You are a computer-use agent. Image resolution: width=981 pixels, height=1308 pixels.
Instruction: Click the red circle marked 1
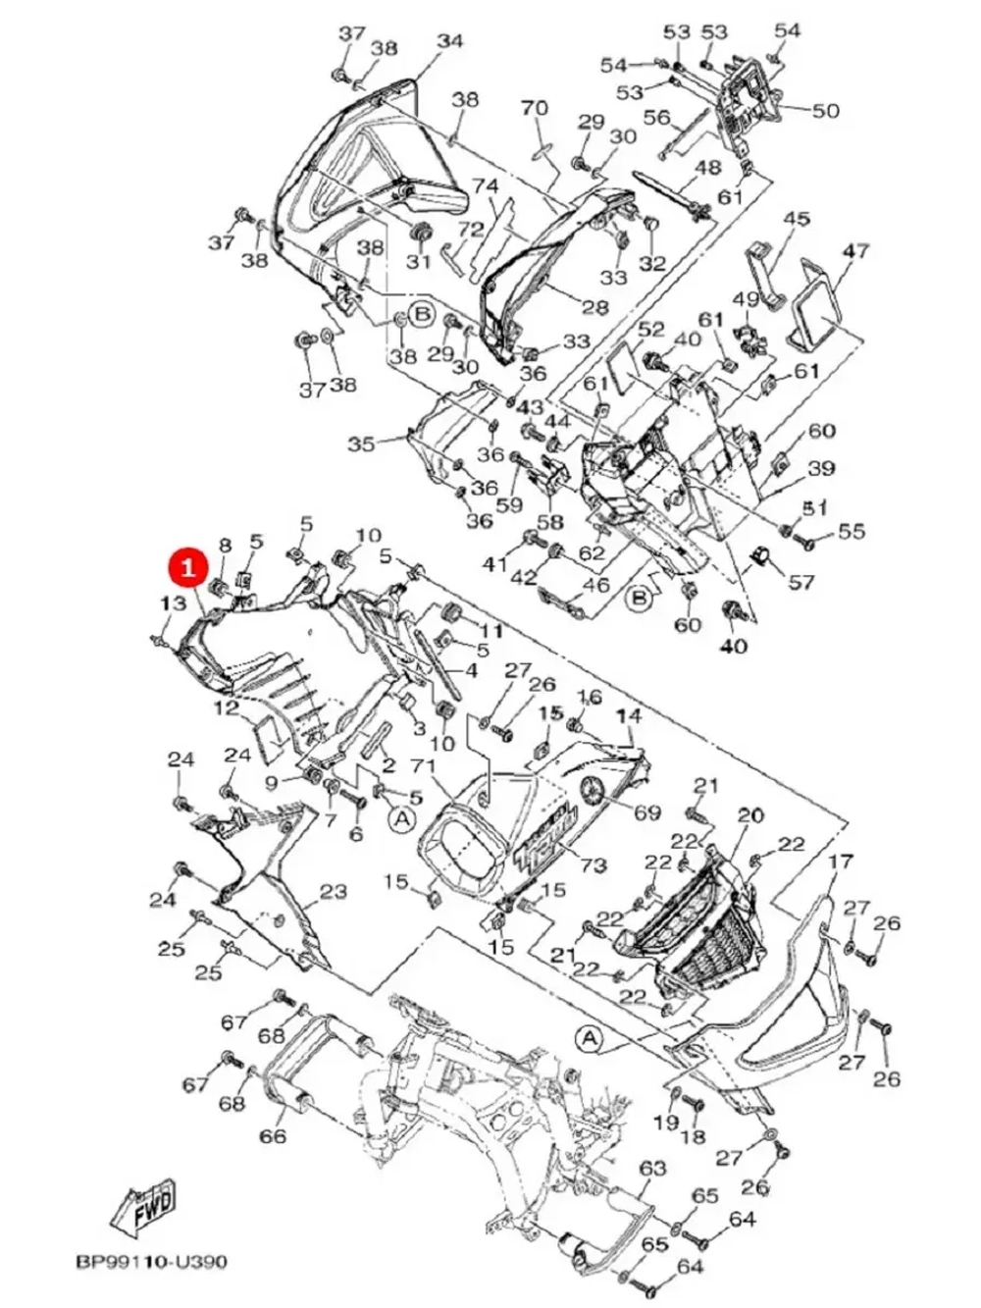(x=186, y=567)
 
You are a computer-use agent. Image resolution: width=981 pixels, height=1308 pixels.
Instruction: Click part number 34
(x=449, y=41)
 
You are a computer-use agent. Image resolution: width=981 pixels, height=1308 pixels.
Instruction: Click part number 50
(x=826, y=111)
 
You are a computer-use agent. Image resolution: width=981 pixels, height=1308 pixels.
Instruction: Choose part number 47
(x=855, y=251)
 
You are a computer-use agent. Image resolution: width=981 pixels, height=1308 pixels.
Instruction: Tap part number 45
(x=796, y=219)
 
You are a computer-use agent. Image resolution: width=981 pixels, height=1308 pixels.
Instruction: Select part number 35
(x=361, y=445)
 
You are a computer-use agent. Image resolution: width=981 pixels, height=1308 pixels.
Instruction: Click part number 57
(x=801, y=582)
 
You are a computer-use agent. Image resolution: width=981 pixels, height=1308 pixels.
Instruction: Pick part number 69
(x=647, y=812)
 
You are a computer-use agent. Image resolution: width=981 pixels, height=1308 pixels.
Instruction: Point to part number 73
(x=594, y=864)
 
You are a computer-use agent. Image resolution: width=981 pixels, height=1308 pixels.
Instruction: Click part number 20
(x=749, y=815)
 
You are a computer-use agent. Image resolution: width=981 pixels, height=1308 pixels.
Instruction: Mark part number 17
(x=841, y=863)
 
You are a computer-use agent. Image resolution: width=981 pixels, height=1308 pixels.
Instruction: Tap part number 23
(x=334, y=892)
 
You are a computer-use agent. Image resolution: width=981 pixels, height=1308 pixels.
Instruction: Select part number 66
(x=273, y=1135)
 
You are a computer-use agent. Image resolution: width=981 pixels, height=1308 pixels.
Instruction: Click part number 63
(x=652, y=1169)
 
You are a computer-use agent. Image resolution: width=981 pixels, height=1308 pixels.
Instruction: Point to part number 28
(x=594, y=308)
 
